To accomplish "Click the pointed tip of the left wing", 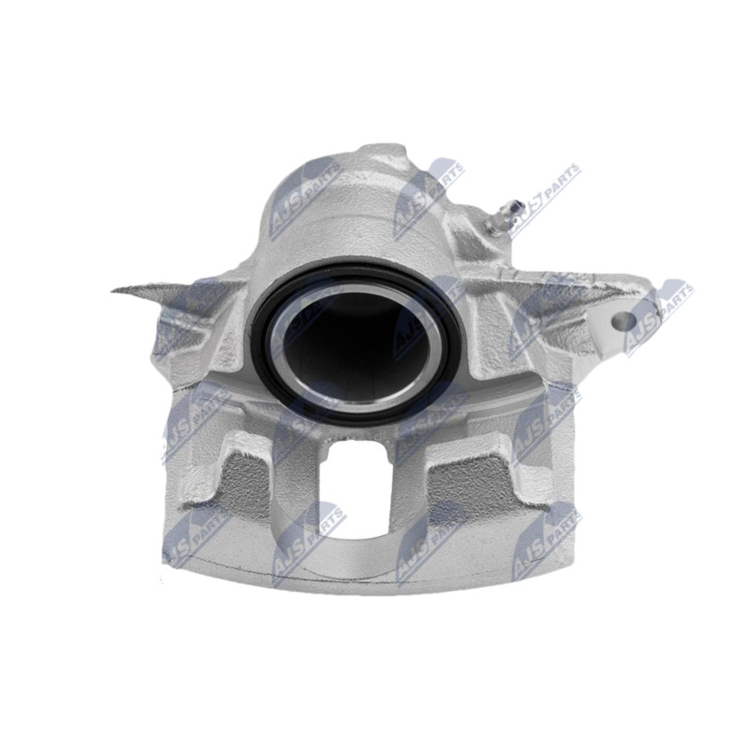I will pos(116,290).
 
